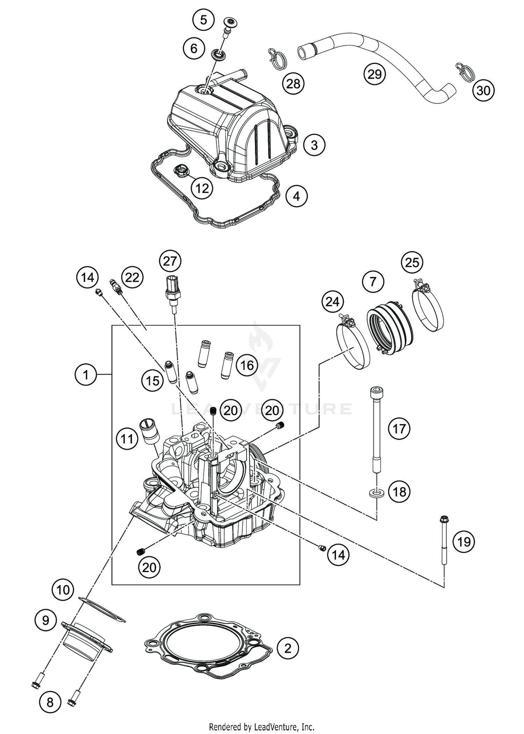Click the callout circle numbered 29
point(374,74)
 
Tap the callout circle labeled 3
point(314,145)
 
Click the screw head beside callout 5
point(230,23)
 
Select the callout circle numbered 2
point(288,649)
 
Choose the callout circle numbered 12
point(202,188)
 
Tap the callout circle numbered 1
point(86,375)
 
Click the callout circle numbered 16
point(247,365)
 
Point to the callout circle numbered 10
point(63,590)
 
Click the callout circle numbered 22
point(132,278)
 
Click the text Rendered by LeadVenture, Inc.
point(262,727)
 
